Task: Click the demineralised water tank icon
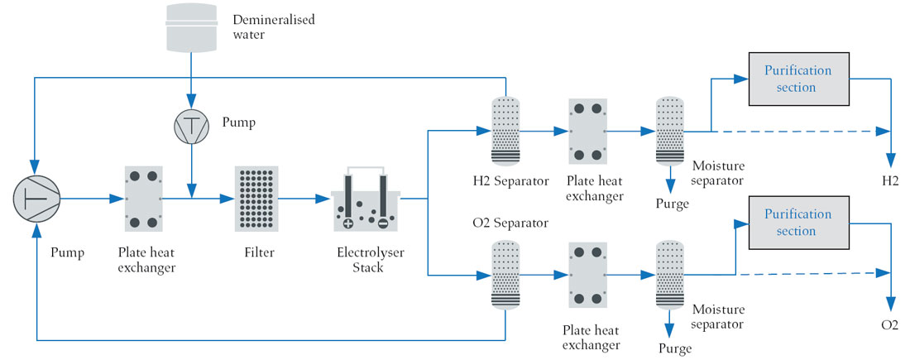tap(192, 26)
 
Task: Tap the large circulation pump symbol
tap(36, 199)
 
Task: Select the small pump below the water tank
tap(192, 126)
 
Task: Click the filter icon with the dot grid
tap(256, 199)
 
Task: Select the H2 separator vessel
tap(505, 131)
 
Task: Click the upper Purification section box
tap(798, 79)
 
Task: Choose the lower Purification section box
tap(798, 223)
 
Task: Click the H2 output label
tap(889, 181)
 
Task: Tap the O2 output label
tap(889, 324)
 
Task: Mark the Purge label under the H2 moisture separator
tap(672, 204)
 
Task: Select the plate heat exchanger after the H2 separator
tap(587, 132)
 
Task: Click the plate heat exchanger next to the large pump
tap(143, 199)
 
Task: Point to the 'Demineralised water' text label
tap(273, 26)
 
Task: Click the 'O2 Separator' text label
tap(510, 223)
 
